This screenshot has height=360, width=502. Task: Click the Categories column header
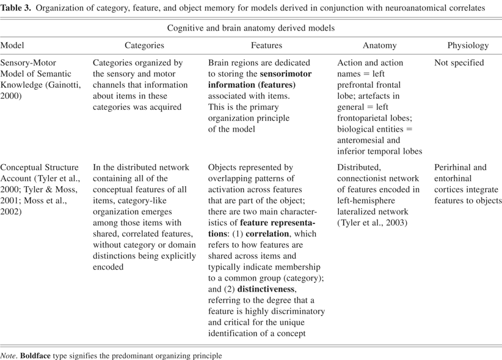point(144,45)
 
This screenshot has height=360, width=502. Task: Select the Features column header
point(266,45)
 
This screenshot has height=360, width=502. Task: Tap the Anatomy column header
point(379,45)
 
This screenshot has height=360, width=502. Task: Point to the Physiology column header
point(468,45)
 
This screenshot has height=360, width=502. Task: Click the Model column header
point(12,45)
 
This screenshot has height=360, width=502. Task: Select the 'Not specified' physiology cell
point(459,62)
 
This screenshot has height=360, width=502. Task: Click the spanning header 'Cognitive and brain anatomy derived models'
point(250,28)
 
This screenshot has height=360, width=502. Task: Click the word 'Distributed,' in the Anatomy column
point(359,167)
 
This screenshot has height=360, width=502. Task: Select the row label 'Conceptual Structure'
point(40,167)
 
